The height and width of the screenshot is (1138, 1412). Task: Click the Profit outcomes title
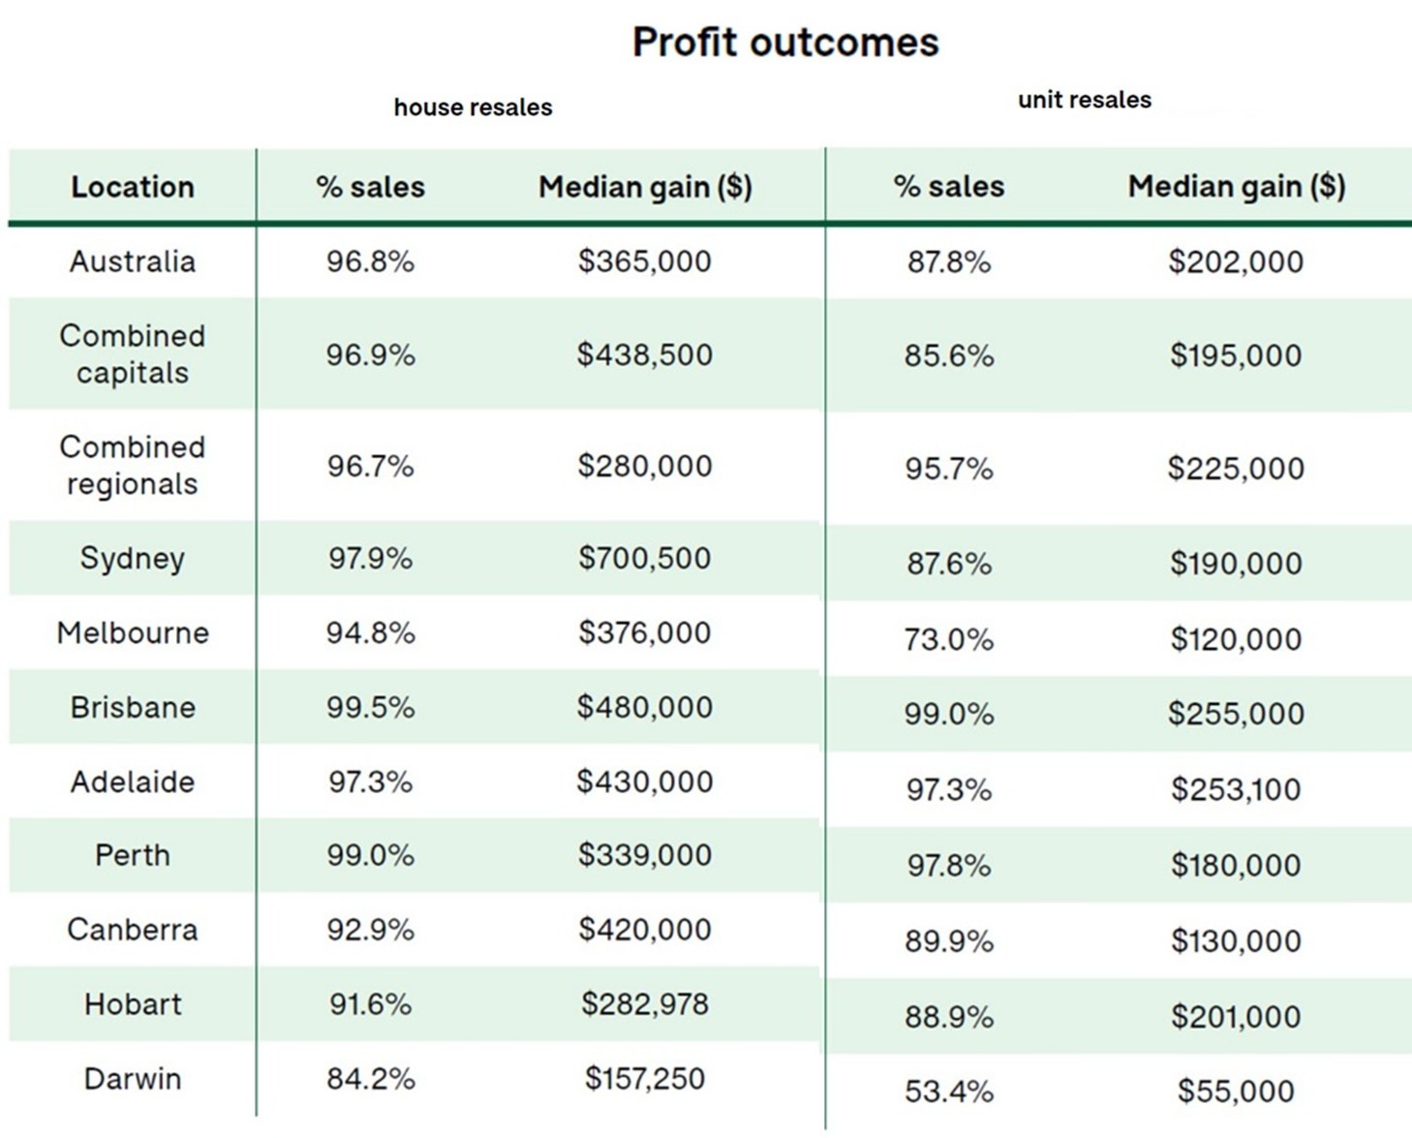click(785, 43)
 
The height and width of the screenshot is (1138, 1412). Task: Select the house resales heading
click(473, 108)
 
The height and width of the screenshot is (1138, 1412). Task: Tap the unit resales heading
click(1085, 100)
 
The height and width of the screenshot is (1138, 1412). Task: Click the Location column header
click(133, 187)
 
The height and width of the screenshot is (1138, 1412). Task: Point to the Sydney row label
click(133, 559)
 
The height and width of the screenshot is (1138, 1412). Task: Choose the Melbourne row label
click(133, 633)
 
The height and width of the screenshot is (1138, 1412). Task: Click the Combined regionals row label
click(133, 466)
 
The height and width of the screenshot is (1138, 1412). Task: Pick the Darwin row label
click(133, 1079)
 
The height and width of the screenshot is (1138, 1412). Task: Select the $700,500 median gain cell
click(645, 559)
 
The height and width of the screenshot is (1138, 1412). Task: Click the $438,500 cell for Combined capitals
click(645, 354)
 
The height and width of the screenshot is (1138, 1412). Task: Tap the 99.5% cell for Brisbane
click(370, 708)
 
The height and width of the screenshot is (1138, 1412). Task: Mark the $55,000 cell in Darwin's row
click(1236, 1092)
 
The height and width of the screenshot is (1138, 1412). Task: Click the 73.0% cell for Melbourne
click(949, 639)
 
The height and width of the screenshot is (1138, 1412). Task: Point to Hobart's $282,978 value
click(645, 1004)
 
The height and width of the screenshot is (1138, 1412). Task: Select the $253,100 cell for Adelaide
click(1236, 789)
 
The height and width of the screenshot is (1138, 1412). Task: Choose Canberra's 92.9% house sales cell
click(370, 930)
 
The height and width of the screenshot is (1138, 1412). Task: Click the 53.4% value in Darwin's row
click(949, 1092)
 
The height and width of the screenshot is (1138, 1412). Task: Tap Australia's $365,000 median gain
click(645, 261)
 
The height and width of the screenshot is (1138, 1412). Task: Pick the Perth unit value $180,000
click(1236, 865)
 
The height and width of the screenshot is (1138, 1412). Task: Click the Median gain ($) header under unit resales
click(1237, 187)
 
